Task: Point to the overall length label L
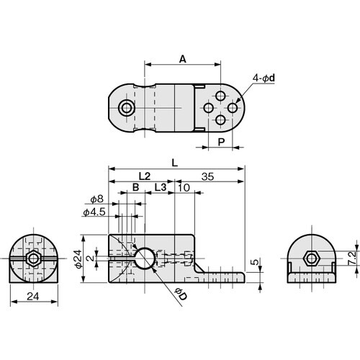click(176, 163)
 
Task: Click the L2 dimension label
click(143, 176)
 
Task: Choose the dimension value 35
click(208, 176)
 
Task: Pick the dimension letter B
click(135, 188)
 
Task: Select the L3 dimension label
click(162, 188)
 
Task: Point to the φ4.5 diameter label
click(94, 212)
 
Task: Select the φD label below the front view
click(180, 295)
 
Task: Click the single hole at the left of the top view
click(127, 108)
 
